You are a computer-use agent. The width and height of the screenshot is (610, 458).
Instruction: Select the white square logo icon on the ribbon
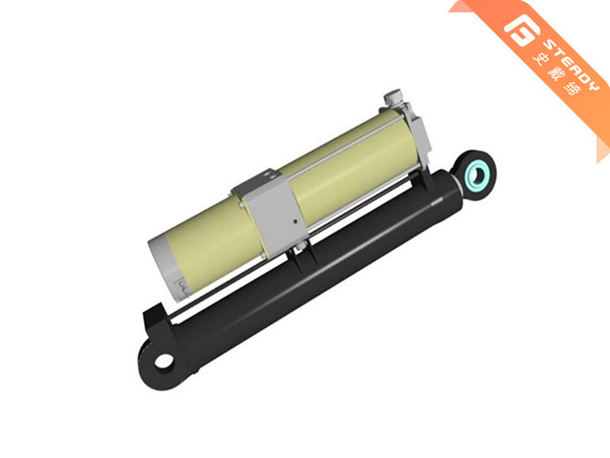click(519, 30)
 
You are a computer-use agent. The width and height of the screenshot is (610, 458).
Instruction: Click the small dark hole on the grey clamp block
click(295, 222)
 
